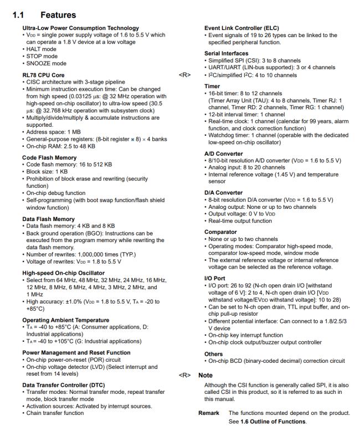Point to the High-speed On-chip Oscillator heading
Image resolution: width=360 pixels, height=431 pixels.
pyautogui.click(x=64, y=273)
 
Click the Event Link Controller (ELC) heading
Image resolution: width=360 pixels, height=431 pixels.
pyautogui.click(x=243, y=28)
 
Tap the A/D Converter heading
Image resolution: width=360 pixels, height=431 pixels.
pyautogui.click(x=223, y=153)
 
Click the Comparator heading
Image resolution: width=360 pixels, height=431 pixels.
pyautogui.click(x=220, y=232)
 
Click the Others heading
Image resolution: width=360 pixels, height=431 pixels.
pyautogui.click(x=213, y=353)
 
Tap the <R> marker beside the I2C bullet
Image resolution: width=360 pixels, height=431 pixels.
pyautogui.click(x=184, y=74)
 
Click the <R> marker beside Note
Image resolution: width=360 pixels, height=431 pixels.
pyautogui.click(x=184, y=375)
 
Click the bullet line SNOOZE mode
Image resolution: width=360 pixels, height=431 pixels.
pyautogui.click(x=45, y=63)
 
